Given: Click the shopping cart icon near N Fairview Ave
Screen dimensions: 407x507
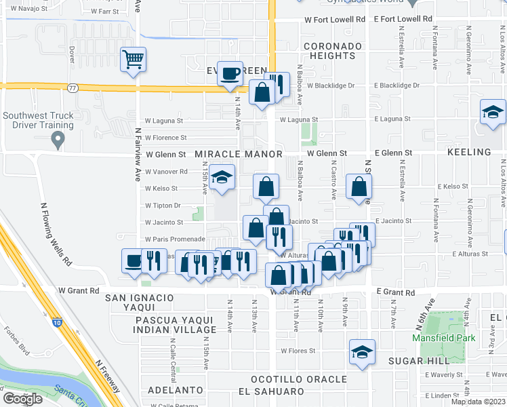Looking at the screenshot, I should (134, 59).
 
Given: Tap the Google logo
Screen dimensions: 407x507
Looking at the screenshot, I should (23, 399).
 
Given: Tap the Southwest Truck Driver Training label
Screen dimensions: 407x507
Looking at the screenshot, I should (38, 120).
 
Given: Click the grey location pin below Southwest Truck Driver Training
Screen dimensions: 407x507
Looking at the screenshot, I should (58, 140).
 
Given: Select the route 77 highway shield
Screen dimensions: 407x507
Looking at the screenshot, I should (73, 88).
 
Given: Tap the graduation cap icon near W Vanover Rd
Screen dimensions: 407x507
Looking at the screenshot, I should (222, 177).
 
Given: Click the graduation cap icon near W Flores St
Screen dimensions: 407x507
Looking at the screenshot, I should (362, 352).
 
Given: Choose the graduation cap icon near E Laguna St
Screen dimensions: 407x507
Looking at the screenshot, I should (493, 112).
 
